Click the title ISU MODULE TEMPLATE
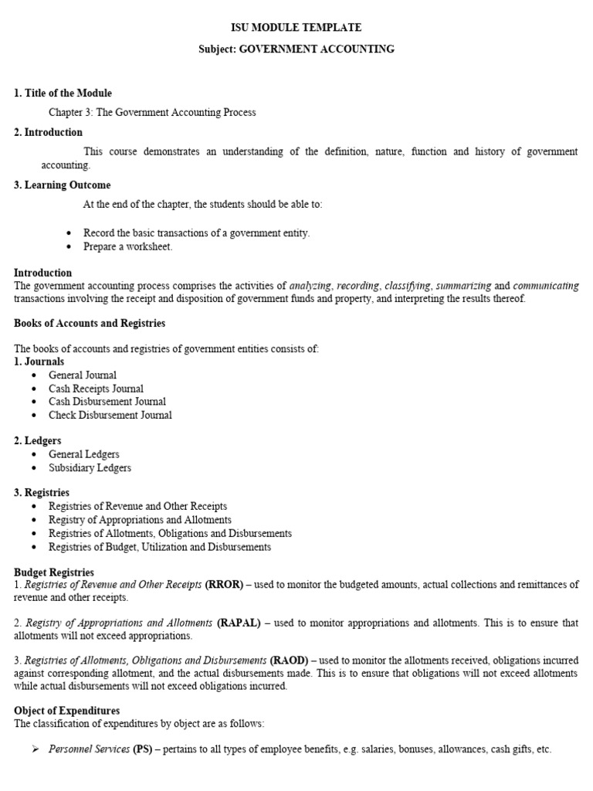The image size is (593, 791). point(296,28)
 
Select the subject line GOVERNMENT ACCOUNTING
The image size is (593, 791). point(296,49)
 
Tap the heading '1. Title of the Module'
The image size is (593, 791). point(63,93)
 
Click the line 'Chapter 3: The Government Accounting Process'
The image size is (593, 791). point(152,113)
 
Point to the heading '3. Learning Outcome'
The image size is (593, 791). point(63,185)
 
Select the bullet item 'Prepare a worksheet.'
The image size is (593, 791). point(129,247)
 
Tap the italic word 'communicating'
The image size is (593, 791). point(545,286)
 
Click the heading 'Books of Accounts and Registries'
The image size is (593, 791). point(90,324)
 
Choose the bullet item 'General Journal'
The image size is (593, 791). point(83,375)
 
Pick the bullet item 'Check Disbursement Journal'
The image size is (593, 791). point(110,415)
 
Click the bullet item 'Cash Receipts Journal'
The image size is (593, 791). point(96,389)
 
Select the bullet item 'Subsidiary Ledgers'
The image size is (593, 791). point(90,468)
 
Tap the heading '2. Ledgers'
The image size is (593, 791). point(38,441)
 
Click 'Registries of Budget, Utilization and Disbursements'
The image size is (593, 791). point(160,547)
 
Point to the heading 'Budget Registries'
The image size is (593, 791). point(54,572)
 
